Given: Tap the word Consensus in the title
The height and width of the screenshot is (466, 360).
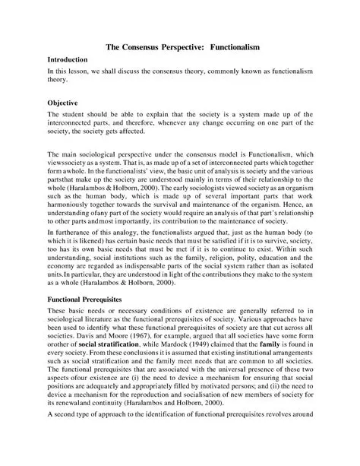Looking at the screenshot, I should [159, 46].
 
